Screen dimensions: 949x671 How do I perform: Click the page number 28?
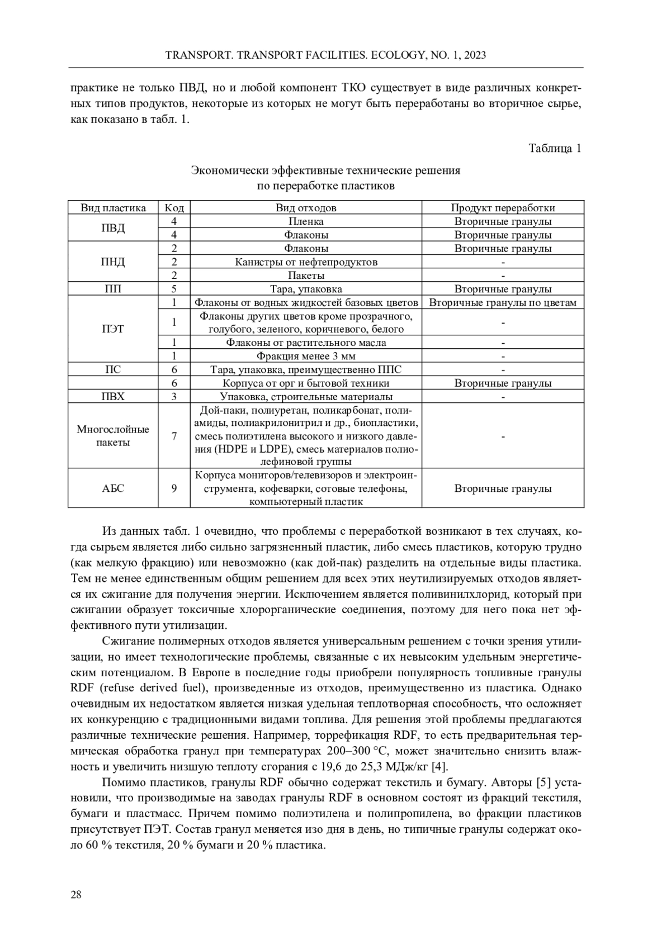tap(76, 895)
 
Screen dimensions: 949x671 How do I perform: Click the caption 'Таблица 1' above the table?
tap(555, 148)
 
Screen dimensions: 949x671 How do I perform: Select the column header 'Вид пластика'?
tap(113, 208)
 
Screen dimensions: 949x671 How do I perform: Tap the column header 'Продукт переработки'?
tap(503, 208)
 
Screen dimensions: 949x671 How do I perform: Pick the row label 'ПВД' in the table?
tap(113, 228)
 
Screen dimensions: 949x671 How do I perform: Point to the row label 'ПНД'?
tap(113, 262)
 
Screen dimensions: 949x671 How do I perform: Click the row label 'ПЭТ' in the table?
tap(113, 329)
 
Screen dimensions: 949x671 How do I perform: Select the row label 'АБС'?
tap(113, 488)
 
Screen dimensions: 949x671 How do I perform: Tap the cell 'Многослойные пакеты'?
tap(113, 436)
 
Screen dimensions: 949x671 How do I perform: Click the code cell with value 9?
tap(174, 488)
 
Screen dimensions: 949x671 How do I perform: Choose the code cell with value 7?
tap(174, 436)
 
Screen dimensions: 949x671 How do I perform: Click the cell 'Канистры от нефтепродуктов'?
tap(306, 262)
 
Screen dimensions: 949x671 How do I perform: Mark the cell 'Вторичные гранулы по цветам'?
tap(503, 302)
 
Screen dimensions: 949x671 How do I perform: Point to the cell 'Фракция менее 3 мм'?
tap(306, 356)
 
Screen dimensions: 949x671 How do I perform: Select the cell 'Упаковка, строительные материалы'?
tap(306, 397)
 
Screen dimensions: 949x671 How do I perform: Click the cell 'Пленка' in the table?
tap(306, 221)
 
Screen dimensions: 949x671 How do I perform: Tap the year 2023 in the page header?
tap(474, 55)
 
